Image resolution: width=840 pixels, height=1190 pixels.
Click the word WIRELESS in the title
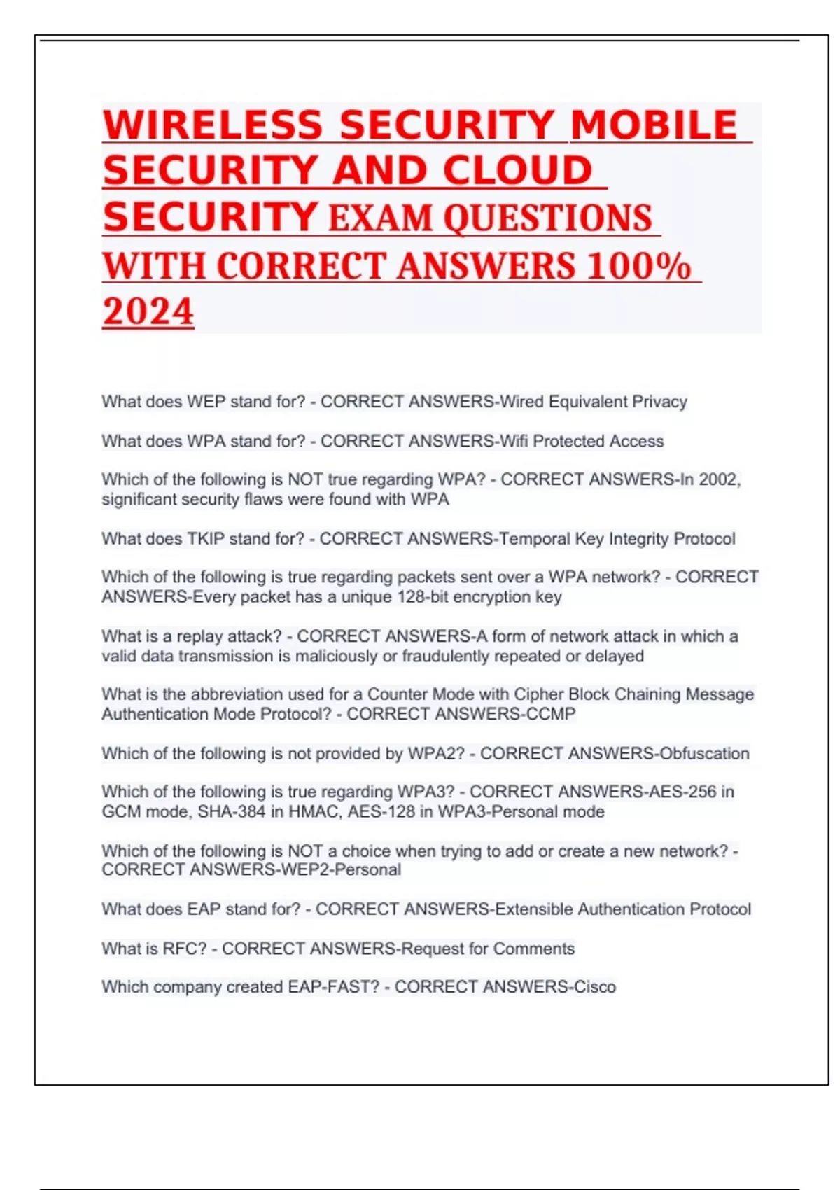pos(213,125)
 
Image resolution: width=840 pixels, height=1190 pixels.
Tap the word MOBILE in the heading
pos(654,125)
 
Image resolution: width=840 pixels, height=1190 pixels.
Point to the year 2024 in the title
pos(148,312)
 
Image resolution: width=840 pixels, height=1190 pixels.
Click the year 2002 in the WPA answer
pos(715,479)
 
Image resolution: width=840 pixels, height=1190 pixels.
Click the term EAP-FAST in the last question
pos(334,987)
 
